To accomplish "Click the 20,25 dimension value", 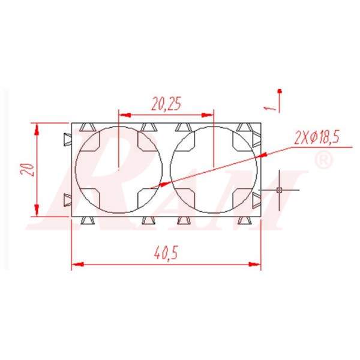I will (166, 104).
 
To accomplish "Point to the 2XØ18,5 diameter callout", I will (317, 137).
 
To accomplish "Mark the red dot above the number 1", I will (279, 91).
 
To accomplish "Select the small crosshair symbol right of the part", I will (279, 190).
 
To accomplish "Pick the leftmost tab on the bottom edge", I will (88, 220).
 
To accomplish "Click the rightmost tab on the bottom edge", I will (244, 220).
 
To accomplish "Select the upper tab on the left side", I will (67, 140).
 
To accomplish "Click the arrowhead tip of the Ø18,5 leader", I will (154, 187).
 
